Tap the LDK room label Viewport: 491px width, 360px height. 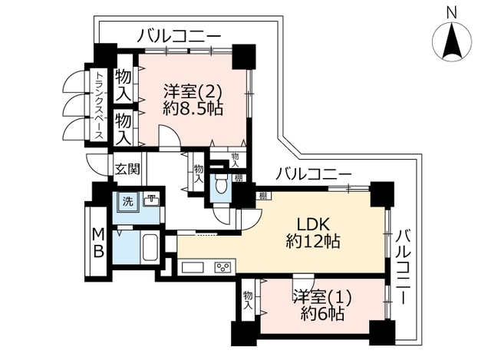[313, 224]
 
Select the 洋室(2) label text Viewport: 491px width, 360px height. [193, 92]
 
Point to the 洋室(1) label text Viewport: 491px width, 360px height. [322, 297]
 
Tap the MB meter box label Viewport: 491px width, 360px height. [98, 243]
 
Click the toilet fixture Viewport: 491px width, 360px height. [221, 183]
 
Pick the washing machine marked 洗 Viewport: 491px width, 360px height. [127, 201]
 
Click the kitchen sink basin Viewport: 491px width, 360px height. [193, 268]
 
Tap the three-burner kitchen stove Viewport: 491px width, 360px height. [222, 268]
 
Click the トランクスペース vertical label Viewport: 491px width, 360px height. [99, 106]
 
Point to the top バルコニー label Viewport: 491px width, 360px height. [179, 36]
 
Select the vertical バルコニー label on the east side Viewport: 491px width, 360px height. [403, 266]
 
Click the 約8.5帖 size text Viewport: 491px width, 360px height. [193, 110]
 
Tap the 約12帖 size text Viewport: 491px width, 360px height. [313, 241]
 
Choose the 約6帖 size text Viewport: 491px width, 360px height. [322, 313]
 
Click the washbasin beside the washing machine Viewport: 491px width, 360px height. [151, 200]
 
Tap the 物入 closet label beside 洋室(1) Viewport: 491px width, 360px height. [248, 300]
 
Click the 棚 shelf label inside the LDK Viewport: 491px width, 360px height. [263, 197]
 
